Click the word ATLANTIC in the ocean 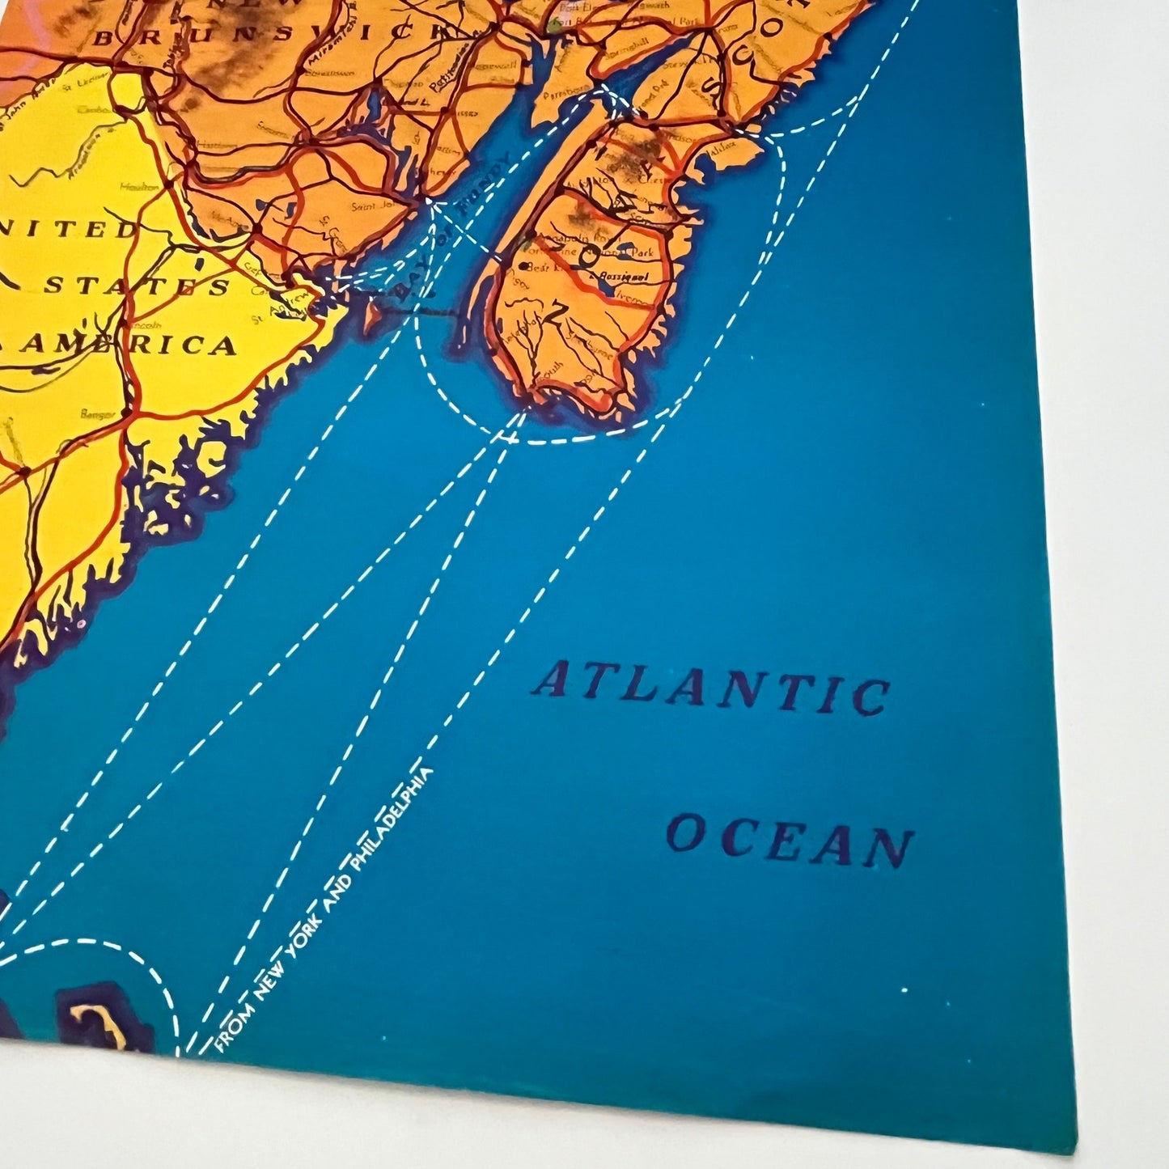click(710, 689)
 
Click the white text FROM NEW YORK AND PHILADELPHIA click(324, 909)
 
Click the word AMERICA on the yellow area click(129, 345)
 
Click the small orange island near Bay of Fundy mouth click(373, 316)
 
